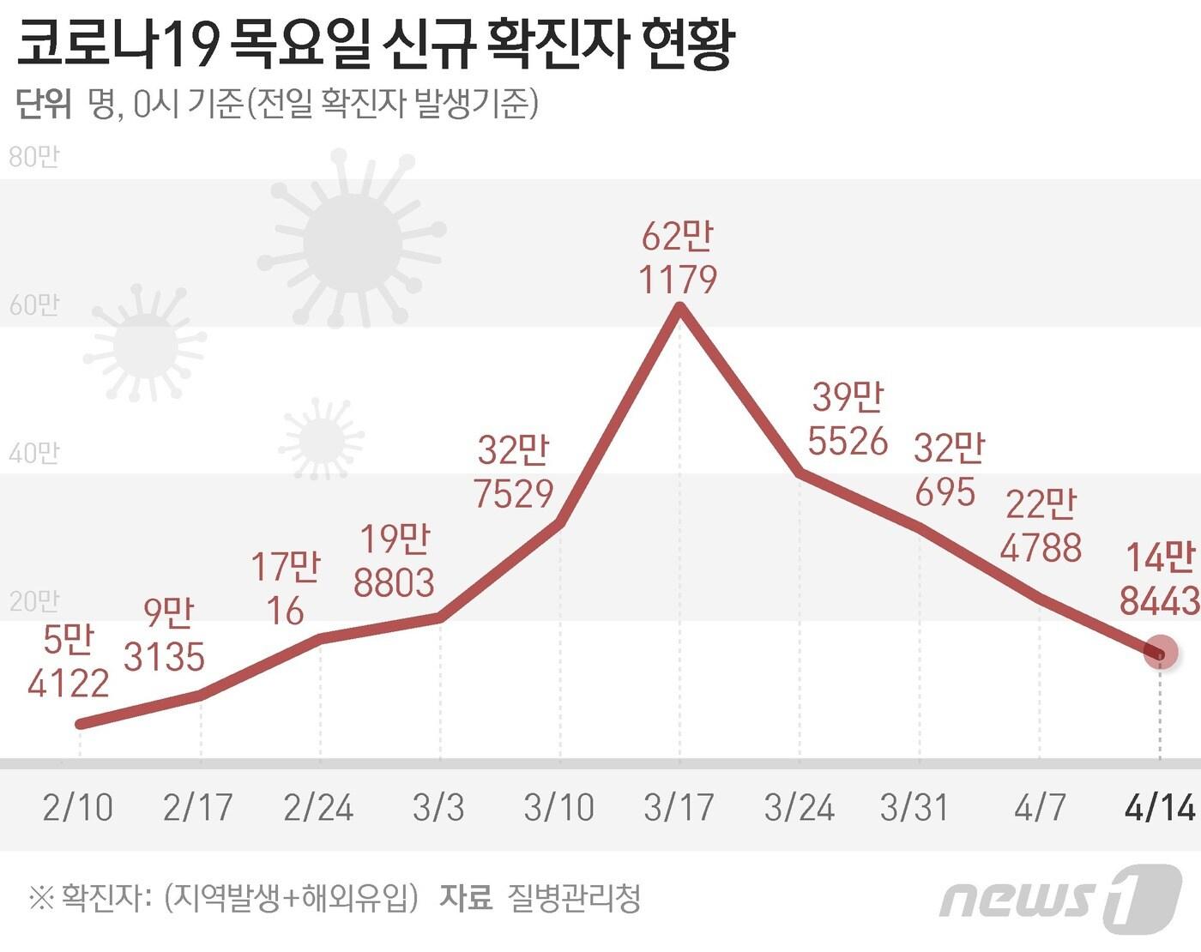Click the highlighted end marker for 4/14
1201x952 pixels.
click(1161, 653)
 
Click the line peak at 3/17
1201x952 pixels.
click(680, 308)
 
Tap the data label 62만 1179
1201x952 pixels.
click(678, 258)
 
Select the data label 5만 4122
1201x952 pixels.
click(68, 662)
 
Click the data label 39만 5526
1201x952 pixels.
click(848, 419)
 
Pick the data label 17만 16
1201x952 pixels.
click(285, 589)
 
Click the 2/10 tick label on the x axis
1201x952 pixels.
click(78, 808)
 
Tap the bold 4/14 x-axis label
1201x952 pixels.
click(1160, 808)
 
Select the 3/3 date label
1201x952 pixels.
click(438, 808)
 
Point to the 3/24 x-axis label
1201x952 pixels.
click(800, 808)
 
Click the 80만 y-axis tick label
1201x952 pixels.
click(33, 157)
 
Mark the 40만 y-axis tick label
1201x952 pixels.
click(33, 453)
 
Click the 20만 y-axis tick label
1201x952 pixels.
click(33, 601)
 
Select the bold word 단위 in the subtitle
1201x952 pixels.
click(44, 104)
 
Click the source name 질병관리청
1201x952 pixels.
click(574, 898)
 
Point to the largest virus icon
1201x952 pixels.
click(352, 241)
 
